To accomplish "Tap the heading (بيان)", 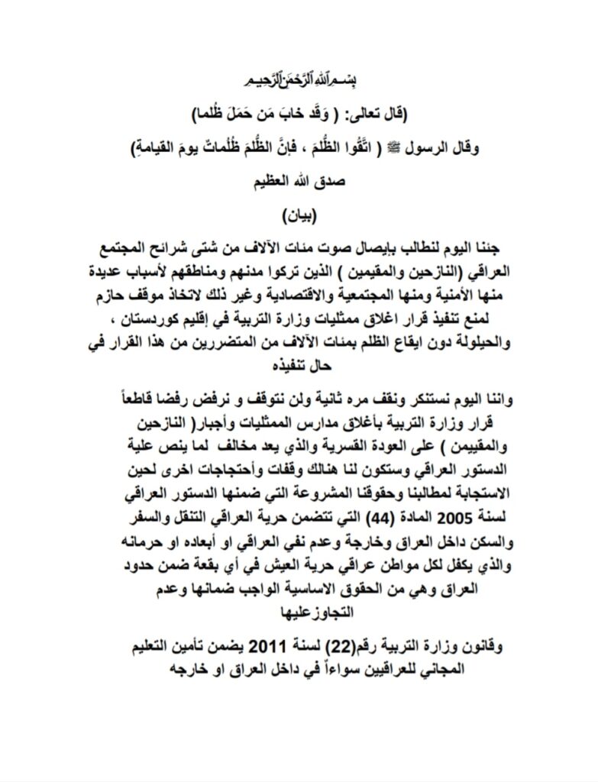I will [298, 212].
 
